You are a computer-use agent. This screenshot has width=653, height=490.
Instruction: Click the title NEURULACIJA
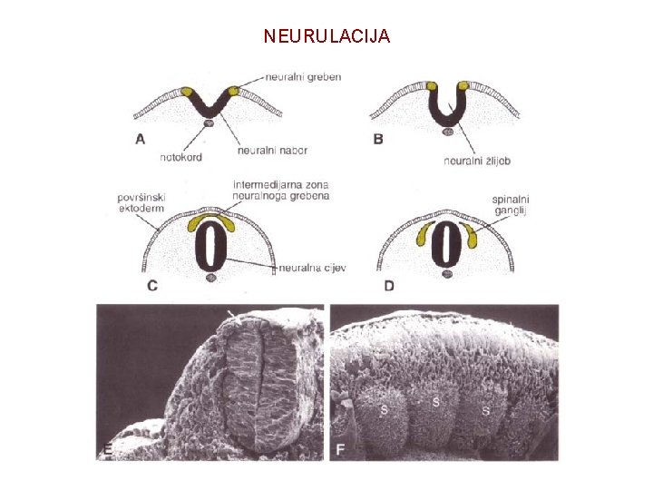326,36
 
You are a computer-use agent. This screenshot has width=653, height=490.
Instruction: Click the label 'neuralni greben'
304,77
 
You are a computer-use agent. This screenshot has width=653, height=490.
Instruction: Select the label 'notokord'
180,157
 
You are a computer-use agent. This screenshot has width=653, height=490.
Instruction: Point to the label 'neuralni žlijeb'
478,162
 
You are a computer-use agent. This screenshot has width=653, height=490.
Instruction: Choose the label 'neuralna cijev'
313,268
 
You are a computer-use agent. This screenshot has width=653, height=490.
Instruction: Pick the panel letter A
140,139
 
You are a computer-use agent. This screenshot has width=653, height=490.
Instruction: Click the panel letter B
377,139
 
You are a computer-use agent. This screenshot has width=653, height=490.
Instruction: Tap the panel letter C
151,286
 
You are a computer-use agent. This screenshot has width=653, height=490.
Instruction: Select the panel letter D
389,286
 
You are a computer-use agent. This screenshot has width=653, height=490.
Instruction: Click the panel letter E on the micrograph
107,449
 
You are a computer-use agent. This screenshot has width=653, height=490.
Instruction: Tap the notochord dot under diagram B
447,132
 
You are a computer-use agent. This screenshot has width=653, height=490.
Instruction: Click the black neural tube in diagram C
210,242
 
